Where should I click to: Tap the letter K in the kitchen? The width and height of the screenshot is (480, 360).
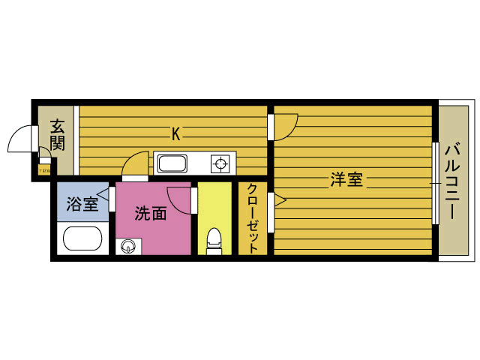coord(176,134)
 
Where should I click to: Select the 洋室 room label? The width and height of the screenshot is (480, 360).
coord(346,180)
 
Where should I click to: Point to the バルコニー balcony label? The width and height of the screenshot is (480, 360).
coord(452,180)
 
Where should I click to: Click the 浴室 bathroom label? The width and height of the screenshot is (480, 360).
coord(81,203)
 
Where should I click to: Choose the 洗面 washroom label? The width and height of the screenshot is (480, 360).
coord(150,214)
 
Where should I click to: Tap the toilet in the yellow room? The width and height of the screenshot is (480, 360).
coord(214,239)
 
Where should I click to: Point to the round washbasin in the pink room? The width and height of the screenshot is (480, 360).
coord(127,244)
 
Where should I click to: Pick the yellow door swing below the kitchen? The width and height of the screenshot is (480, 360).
coord(136,164)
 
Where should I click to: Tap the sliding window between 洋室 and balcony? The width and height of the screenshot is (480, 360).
coord(435,181)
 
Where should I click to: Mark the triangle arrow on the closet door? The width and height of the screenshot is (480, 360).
coord(280,200)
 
